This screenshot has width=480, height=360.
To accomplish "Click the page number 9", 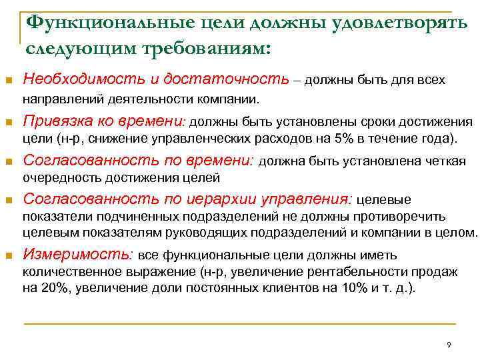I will (449, 345).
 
